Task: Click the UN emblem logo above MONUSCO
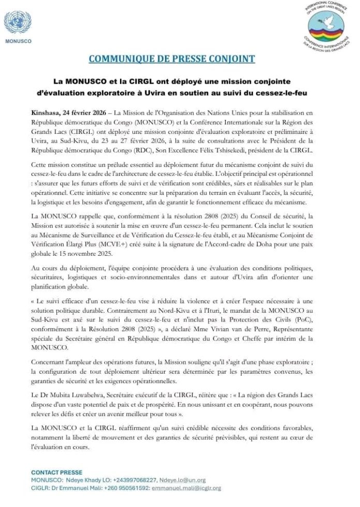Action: pyautogui.click(x=18, y=23)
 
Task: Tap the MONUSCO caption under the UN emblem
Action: pyautogui.click(x=18, y=41)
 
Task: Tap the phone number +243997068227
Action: pyautogui.click(x=135, y=480)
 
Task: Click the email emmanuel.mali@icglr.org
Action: pyautogui.click(x=186, y=488)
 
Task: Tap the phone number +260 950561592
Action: pyautogui.click(x=128, y=488)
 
